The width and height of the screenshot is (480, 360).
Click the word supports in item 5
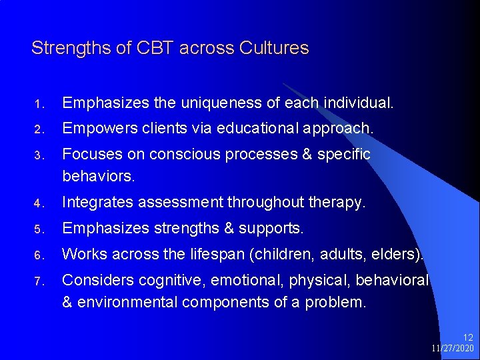tap(271, 228)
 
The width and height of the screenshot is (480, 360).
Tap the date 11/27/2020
tap(452, 349)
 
